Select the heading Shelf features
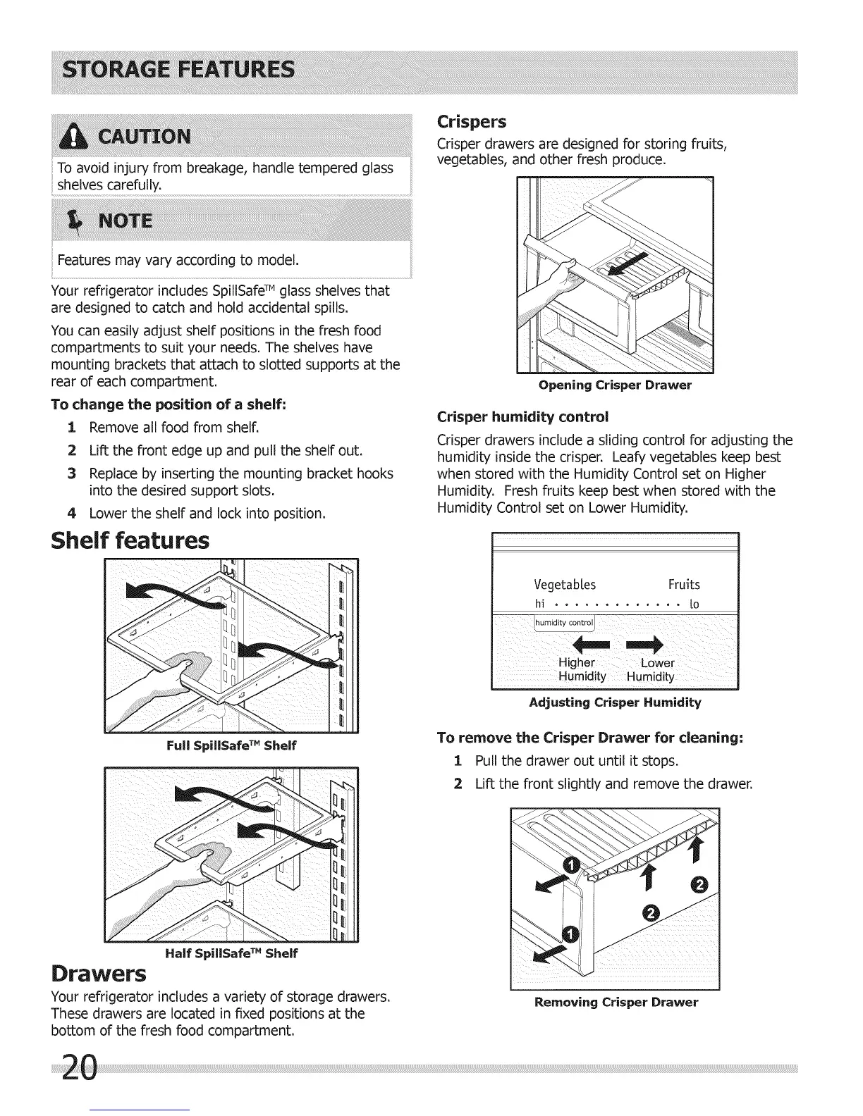coord(130,541)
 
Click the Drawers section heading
coord(99,974)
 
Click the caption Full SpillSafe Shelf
coord(231,745)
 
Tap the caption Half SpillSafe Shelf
coord(231,953)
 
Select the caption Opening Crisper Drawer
coord(615,385)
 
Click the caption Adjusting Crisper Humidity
coord(615,702)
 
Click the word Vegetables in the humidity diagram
coord(565,585)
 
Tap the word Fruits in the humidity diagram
coord(684,585)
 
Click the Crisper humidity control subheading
coord(522,416)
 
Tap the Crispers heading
coord(472,122)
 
